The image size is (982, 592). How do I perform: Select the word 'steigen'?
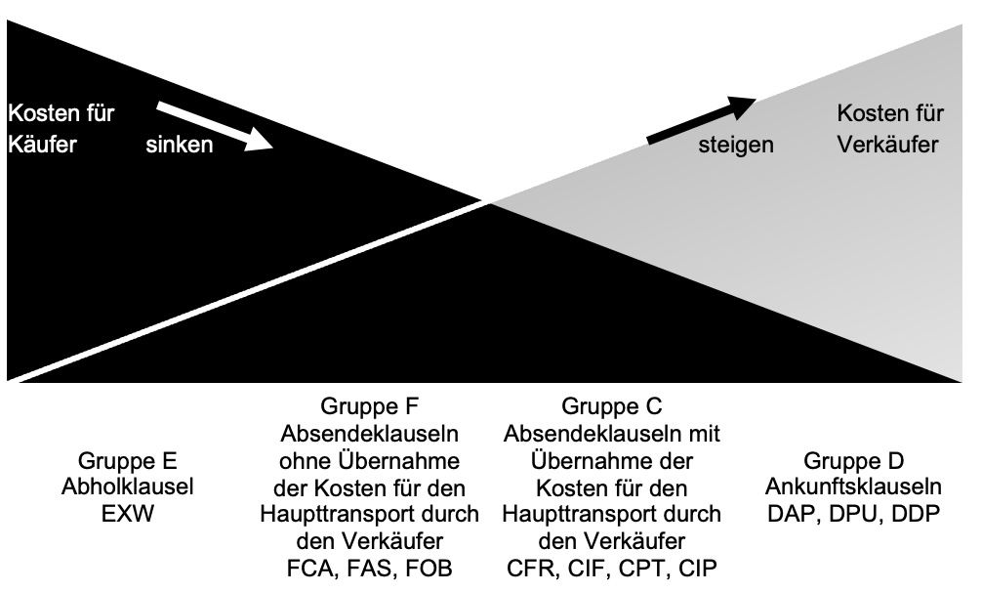(736, 145)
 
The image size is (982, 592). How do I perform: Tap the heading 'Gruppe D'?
(854, 461)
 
